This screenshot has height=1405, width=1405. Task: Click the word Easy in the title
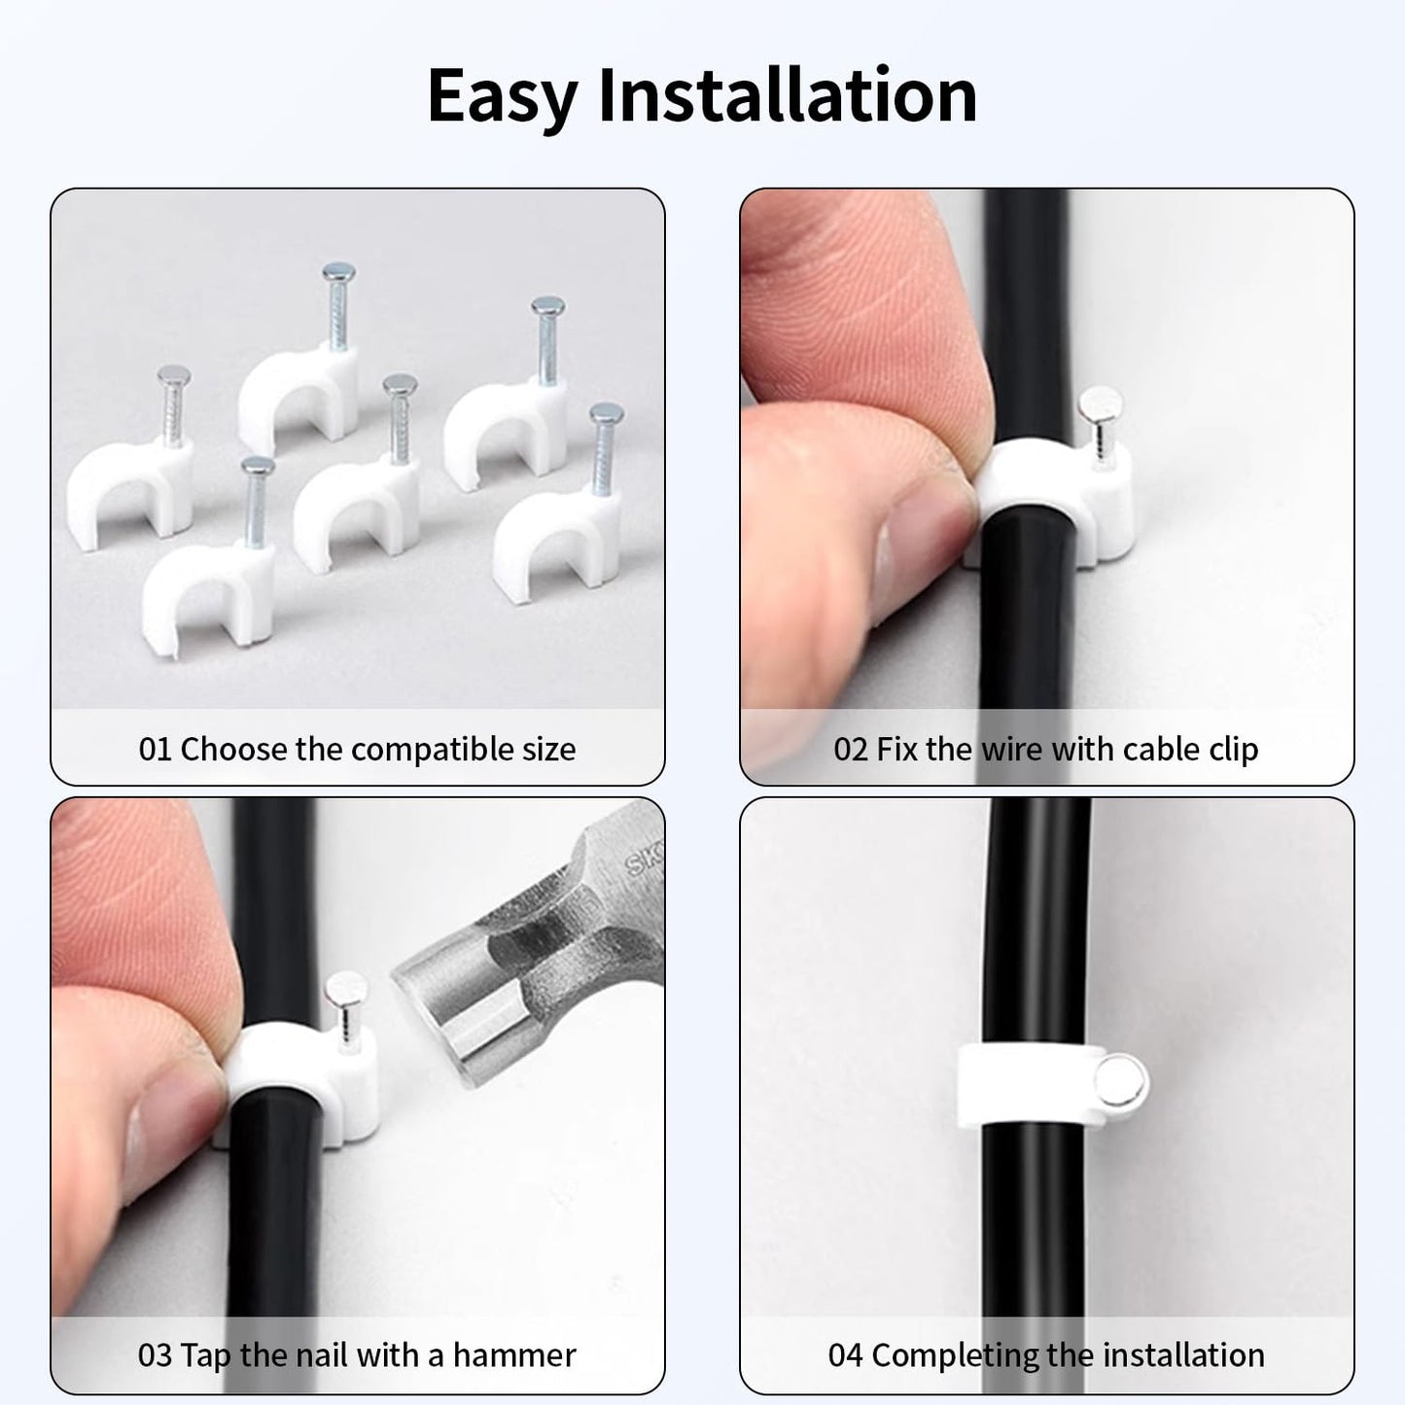[502, 96]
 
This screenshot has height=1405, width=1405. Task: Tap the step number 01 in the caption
[155, 750]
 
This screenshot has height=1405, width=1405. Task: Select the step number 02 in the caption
[851, 750]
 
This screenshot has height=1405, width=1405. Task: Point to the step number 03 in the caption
[155, 1355]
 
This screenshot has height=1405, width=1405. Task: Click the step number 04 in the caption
[845, 1355]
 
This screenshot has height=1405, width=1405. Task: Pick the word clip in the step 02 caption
[1234, 750]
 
